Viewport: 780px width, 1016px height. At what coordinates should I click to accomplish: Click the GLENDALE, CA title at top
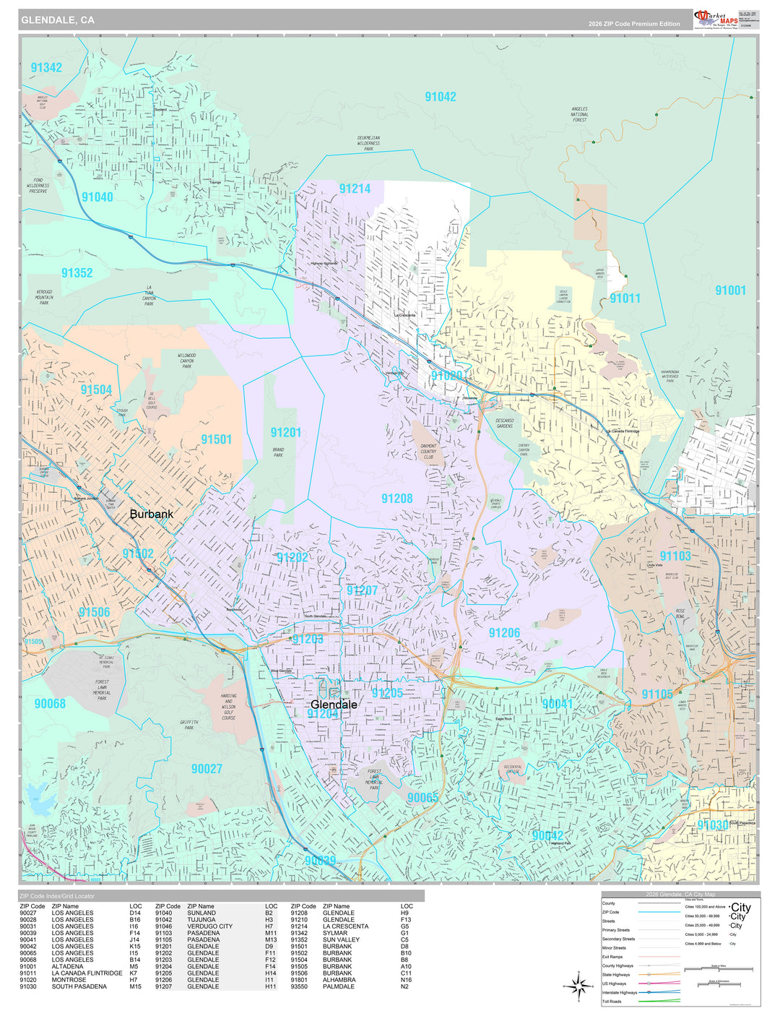point(58,20)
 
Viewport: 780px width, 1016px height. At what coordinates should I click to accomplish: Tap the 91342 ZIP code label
point(46,68)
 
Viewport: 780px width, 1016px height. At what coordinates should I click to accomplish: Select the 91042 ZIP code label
point(440,97)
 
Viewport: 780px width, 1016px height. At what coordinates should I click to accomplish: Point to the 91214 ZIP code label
point(355,189)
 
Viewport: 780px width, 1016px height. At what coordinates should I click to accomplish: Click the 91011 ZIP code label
point(625,298)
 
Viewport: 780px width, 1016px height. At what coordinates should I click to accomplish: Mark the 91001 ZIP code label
point(730,290)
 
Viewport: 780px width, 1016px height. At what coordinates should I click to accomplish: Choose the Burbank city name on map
point(152,515)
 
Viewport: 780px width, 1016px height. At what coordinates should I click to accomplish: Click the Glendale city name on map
point(334,704)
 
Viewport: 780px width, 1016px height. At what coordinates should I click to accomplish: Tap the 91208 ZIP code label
point(397,499)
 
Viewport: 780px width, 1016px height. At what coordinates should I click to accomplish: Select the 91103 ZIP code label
point(675,556)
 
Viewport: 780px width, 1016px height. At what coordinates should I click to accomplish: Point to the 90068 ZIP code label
point(50,703)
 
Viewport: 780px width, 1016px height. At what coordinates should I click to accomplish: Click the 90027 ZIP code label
point(207,769)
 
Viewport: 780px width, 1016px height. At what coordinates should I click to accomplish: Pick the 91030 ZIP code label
point(712,825)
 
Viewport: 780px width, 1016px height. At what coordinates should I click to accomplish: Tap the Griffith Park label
point(188,725)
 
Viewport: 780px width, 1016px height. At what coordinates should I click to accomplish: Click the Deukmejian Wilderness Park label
point(368,143)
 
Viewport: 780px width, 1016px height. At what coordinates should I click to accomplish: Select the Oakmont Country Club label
point(428,452)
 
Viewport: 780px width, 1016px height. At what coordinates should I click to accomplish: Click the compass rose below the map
point(578,985)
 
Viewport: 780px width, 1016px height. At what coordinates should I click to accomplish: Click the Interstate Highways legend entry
point(620,993)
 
